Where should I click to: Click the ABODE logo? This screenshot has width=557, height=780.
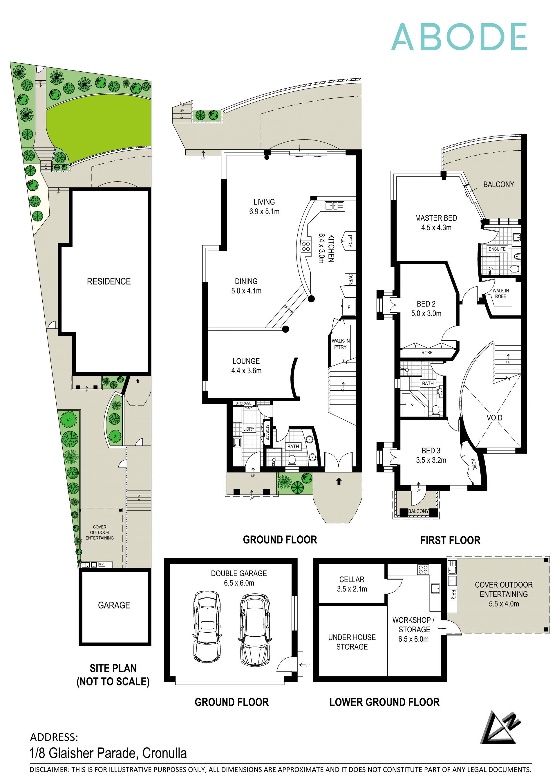pos(459,37)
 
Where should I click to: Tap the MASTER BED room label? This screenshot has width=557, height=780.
pos(436,223)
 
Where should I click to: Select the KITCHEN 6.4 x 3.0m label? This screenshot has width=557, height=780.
pos(326,248)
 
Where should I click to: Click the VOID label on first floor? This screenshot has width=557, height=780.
pos(494,418)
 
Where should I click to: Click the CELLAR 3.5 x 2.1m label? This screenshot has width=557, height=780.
pos(352,584)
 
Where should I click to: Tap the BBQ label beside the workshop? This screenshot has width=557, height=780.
pos(453,594)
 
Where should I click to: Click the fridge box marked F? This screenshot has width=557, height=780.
pos(349,307)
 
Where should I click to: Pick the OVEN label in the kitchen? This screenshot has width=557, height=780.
pos(350,279)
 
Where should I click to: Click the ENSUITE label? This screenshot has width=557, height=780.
pos(497,249)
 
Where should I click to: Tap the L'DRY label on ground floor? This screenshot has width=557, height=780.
pos(249,429)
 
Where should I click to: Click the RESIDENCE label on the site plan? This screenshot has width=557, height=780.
pos(109,281)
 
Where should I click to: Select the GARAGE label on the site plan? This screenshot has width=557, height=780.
pos(114,605)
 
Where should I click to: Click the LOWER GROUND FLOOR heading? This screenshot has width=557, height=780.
pos(384,702)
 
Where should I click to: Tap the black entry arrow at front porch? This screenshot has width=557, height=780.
pos(339,482)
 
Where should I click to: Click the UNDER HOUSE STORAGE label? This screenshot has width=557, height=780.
pos(352,642)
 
